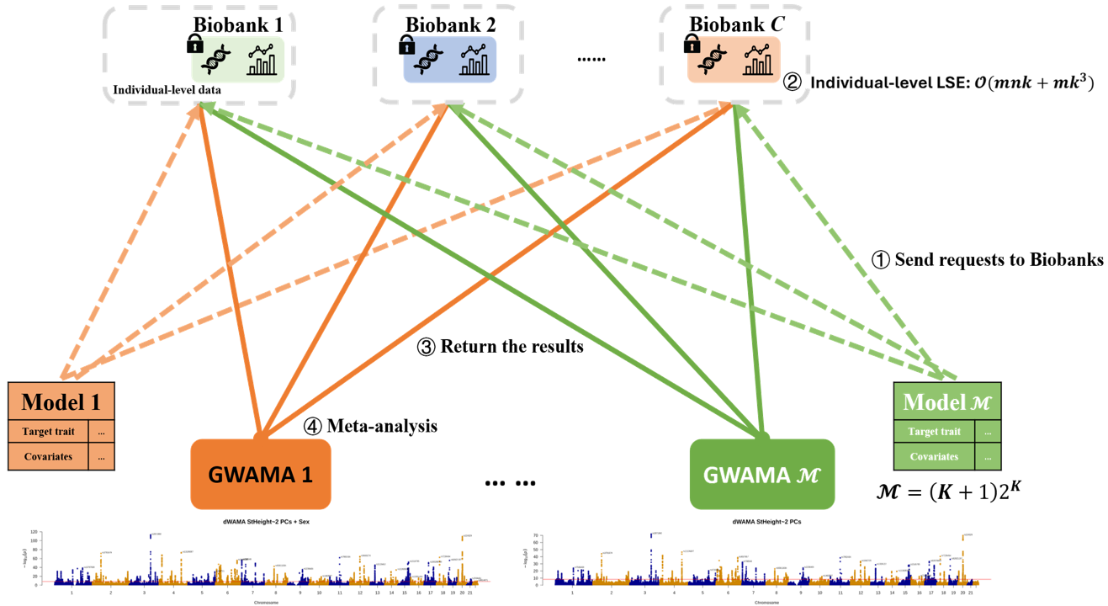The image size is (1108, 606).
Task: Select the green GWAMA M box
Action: coord(761,474)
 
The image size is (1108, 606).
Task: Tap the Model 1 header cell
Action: coord(61,401)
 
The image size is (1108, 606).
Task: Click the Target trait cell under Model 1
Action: coord(49,432)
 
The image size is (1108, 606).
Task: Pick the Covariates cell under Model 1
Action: coord(49,457)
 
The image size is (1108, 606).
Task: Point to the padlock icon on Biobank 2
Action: coord(406,43)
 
